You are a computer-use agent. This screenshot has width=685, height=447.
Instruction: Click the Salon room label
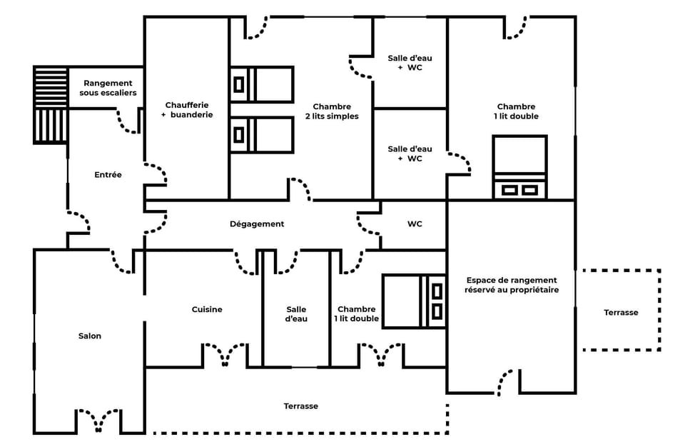pos(90,336)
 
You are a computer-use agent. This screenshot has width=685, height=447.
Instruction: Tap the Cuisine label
pos(207,309)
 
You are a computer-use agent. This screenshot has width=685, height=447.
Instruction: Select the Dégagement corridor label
pos(257,223)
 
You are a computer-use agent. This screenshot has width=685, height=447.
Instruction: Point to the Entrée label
pos(108,174)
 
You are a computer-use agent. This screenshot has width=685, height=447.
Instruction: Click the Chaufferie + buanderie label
pos(187,109)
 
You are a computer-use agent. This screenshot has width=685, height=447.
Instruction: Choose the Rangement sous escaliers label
pos(109,88)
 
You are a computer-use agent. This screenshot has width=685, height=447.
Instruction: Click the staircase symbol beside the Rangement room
pos(51,104)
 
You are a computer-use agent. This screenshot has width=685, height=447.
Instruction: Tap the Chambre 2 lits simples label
pos(332,111)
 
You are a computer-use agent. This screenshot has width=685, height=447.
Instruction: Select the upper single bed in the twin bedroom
pos(262,84)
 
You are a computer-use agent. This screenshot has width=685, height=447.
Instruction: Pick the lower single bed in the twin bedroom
pos(262,135)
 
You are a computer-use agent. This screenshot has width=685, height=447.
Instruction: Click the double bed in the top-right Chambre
pos(520,167)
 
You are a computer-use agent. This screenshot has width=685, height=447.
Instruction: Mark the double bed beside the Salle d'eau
pos(414,301)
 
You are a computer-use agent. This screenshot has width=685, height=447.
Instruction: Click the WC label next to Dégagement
pos(415,223)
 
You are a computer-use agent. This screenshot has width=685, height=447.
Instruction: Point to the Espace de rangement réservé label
pos(511,285)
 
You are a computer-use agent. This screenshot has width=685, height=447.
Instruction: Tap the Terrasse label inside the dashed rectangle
pos(621,312)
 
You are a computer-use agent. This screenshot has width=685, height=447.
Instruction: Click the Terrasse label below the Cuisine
pos(300,406)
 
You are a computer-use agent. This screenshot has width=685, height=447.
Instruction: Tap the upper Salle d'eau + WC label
pos(410,63)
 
